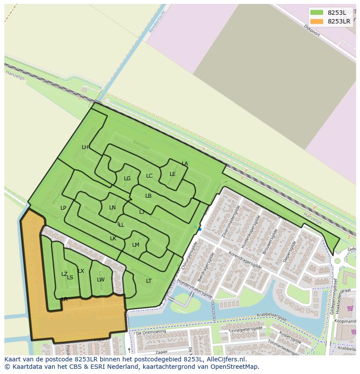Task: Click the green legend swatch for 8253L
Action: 317,13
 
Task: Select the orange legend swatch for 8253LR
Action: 317,21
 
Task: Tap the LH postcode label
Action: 85,147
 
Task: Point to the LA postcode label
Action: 185,164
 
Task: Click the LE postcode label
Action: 173,174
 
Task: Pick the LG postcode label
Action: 127,179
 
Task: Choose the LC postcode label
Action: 149,176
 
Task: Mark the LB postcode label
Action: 148,196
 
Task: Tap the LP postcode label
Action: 63,208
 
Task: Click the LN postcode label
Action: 112,208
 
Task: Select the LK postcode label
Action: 113,238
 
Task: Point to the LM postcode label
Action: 136,245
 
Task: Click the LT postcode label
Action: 149,281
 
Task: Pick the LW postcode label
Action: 101,280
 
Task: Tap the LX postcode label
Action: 81,271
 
